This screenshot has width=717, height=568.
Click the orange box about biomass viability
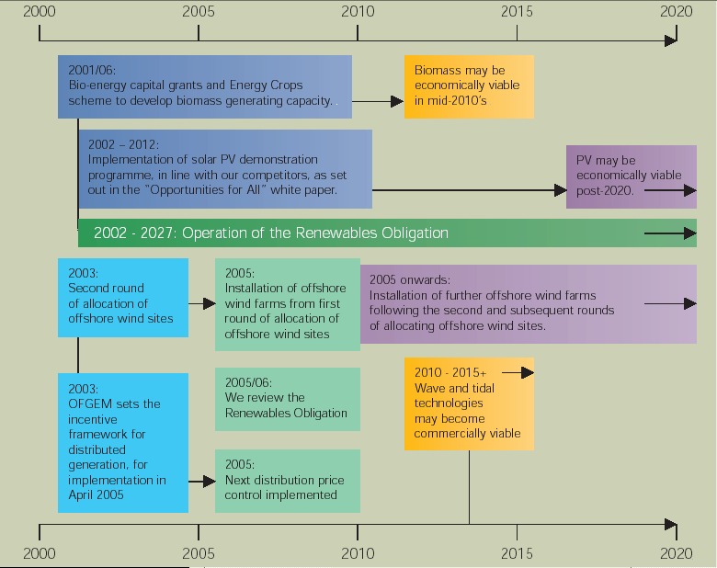(469, 85)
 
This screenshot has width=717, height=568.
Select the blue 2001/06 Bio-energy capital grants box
(204, 85)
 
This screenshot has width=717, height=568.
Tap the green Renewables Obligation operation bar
(386, 233)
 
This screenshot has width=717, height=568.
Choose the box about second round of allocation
(122, 297)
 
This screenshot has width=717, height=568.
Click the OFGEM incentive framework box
(122, 437)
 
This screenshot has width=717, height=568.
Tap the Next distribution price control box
(287, 481)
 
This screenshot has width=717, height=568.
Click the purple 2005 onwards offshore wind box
(528, 303)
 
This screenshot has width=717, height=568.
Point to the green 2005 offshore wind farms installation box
(287, 303)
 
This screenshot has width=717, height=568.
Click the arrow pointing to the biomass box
(377, 101)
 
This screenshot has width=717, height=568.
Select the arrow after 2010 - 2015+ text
(518, 372)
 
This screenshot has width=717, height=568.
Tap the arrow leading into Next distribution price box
(201, 481)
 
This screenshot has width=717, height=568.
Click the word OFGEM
(89, 403)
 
